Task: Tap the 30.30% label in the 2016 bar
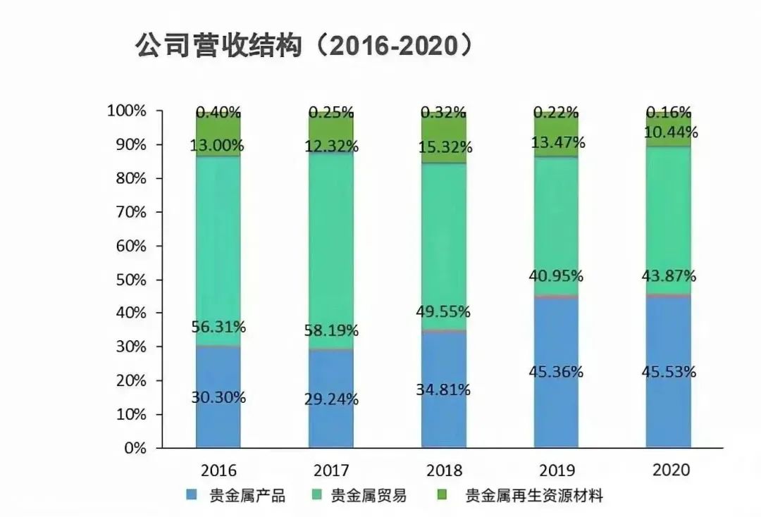tap(218, 397)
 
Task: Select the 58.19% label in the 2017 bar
tap(331, 330)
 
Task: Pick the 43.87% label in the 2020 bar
tap(669, 275)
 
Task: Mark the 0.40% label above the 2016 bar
tap(218, 112)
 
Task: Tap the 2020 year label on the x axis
tap(669, 470)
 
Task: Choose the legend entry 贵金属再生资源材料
tap(534, 495)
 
